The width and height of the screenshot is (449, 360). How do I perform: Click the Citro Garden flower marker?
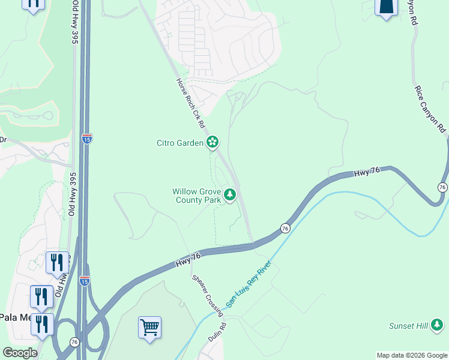click(x=212, y=142)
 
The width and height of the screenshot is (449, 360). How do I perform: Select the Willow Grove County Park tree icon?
click(x=229, y=194)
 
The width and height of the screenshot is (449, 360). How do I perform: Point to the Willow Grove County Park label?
click(x=197, y=196)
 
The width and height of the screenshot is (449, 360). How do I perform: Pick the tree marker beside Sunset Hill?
click(x=438, y=325)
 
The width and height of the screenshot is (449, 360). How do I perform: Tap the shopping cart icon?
click(x=149, y=328)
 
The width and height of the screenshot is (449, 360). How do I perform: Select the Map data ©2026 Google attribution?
click(x=411, y=355)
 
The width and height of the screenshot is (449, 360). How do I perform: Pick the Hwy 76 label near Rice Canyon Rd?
click(x=368, y=172)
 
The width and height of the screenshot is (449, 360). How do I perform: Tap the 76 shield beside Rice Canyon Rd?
click(x=442, y=188)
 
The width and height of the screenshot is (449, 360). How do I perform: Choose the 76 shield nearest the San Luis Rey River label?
click(x=286, y=229)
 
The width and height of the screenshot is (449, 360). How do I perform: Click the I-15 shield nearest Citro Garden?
click(x=86, y=138)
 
